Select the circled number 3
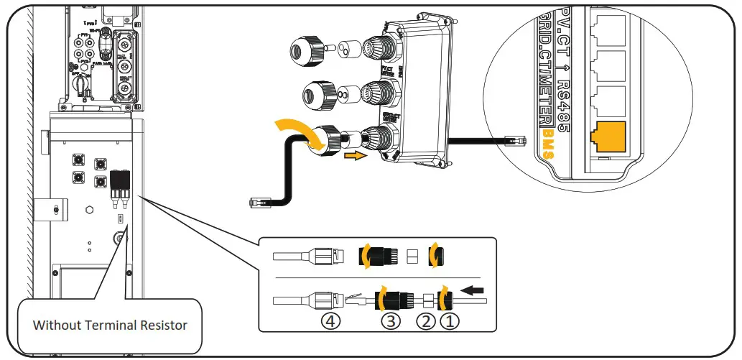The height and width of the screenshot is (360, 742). point(389,321)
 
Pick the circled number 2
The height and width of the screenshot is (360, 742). point(427,321)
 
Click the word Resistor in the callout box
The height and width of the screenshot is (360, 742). point(159,325)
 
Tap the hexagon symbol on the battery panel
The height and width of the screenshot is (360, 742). point(88,211)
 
